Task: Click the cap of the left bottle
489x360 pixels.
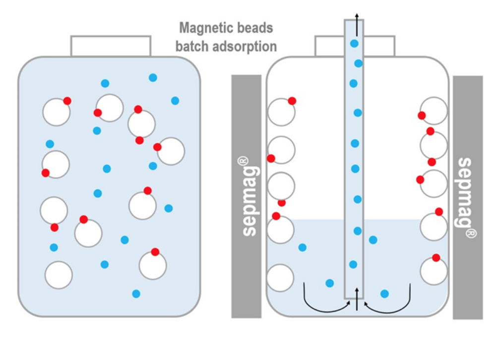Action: coord(111,46)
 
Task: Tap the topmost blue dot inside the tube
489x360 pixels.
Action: coord(354,43)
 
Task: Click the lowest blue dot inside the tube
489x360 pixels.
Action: coord(353,264)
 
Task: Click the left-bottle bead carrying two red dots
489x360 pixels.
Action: coord(141,124)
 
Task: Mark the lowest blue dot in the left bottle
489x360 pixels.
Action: coord(136,294)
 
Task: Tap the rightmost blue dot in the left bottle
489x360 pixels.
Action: coord(175,101)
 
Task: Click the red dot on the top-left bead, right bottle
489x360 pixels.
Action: coord(292,101)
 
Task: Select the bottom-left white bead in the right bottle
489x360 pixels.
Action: coord(281,278)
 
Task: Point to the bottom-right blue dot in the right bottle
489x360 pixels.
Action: coord(384,294)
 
